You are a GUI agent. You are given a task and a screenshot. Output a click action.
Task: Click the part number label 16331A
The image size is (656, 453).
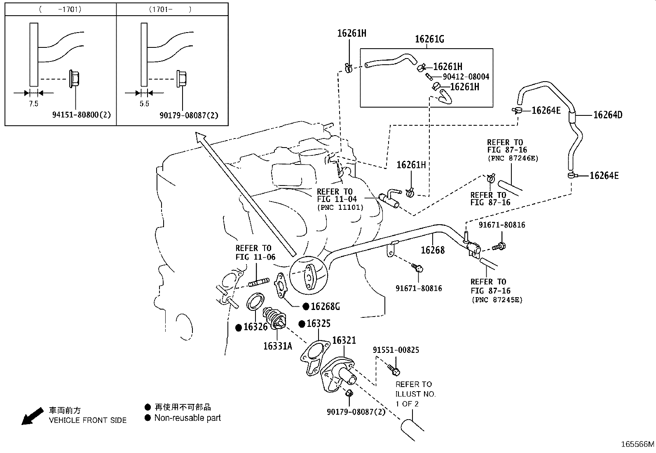277,346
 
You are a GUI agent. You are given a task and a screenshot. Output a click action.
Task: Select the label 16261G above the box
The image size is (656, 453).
429,39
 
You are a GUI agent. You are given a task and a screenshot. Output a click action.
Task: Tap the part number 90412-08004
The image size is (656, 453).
466,77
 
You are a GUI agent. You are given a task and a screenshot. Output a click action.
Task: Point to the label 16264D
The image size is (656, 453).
607,115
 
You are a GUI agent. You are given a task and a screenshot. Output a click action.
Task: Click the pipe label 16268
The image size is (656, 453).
433,250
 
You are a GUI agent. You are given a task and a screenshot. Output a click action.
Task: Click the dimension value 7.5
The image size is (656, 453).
33,104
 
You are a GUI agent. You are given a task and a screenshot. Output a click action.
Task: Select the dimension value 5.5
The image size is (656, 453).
144,104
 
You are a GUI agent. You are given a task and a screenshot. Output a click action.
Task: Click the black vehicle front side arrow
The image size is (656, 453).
32,415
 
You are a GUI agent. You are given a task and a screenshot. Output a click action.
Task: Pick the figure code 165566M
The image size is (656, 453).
637,444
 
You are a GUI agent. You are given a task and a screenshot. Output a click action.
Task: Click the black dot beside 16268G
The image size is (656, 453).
306,306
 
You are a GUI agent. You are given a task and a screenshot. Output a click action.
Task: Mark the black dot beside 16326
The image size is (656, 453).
239,328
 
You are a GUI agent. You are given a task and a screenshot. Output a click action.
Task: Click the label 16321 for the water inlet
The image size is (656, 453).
344,340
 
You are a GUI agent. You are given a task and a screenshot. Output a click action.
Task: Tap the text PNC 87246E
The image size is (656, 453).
513,158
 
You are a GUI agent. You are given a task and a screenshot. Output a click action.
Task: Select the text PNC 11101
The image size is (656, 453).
340,207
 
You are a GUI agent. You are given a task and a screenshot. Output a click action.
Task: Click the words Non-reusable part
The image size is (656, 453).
187,418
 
